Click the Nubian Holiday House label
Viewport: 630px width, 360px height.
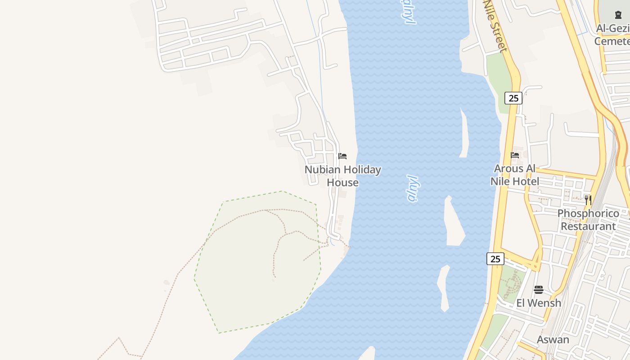(x=343, y=176)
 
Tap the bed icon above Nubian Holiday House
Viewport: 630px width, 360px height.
(x=342, y=156)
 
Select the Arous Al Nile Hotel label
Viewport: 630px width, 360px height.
(x=515, y=175)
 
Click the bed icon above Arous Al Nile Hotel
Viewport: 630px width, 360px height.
(x=515, y=155)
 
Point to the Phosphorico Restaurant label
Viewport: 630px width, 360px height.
(x=588, y=220)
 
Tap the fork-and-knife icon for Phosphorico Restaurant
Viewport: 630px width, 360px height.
(x=588, y=200)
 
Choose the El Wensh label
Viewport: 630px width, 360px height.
(x=539, y=303)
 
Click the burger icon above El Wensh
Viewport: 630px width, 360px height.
(x=539, y=289)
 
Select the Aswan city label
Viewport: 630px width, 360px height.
(x=553, y=340)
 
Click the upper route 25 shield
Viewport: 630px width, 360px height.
(x=513, y=98)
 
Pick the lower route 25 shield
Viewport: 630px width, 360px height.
(x=495, y=259)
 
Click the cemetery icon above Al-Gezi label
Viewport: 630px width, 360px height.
(x=618, y=15)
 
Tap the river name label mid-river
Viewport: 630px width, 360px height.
(x=412, y=188)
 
